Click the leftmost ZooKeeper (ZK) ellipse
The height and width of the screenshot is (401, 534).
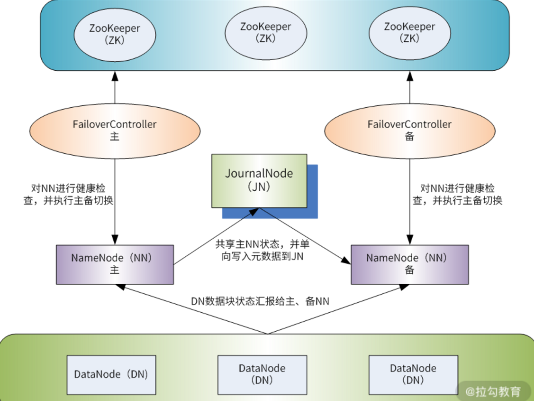115,34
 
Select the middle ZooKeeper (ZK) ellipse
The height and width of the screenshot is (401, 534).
265,33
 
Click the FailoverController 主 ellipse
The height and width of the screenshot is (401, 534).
115,130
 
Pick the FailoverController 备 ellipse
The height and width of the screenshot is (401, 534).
409,130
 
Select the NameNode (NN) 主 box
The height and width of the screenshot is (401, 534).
115,264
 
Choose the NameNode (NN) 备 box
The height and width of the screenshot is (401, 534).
409,264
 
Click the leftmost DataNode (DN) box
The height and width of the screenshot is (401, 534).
111,374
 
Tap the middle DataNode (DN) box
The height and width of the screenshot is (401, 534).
262,374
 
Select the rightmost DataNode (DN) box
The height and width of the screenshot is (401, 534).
413,374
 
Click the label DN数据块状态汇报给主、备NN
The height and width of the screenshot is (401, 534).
260,301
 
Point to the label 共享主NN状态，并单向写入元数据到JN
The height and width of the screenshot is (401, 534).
262,250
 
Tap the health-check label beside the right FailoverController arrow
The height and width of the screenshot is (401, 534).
457,194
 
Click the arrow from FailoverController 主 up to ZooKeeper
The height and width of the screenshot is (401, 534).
115,88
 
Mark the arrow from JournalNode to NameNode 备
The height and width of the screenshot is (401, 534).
303,235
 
